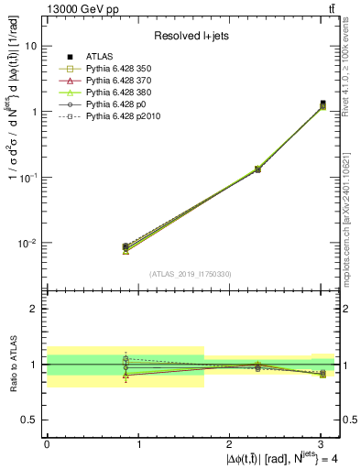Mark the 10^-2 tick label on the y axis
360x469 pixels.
tap(27, 244)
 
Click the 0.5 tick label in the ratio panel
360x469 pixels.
tap(28, 420)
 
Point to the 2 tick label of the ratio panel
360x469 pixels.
tap(34, 309)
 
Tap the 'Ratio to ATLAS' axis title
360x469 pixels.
tap(12, 365)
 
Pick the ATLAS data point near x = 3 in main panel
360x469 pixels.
tap(322, 104)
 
